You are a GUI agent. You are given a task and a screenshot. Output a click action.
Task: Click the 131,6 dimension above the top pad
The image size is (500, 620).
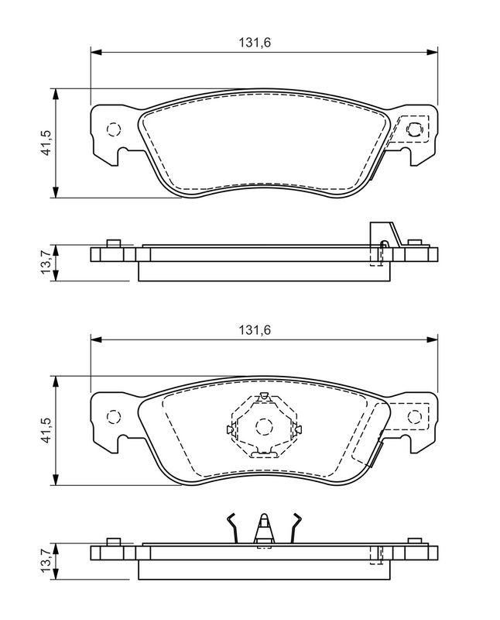[x=255, y=43]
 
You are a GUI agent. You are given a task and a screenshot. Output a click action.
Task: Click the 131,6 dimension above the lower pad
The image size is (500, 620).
[x=255, y=330]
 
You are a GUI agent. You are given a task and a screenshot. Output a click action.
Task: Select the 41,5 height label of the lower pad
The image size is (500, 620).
[x=46, y=429]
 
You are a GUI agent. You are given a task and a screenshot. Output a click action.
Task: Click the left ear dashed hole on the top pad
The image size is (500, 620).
[x=113, y=129]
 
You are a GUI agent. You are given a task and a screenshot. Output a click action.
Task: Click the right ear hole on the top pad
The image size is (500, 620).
[x=414, y=129]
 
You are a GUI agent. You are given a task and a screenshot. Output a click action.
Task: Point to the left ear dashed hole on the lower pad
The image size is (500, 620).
[x=113, y=417]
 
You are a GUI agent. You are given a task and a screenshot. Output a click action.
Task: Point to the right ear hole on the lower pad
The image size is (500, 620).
[x=414, y=417]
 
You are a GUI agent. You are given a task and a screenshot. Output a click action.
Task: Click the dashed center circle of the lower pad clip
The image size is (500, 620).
[x=264, y=426]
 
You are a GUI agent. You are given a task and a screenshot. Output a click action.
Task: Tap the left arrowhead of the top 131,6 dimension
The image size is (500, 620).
[x=96, y=52]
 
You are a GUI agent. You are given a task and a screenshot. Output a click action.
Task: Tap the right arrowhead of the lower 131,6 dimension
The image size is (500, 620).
[x=433, y=339]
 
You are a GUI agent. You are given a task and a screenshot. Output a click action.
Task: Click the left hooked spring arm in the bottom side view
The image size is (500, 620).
[x=233, y=529]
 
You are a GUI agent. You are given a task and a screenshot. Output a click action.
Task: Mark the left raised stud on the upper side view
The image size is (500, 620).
[x=114, y=243]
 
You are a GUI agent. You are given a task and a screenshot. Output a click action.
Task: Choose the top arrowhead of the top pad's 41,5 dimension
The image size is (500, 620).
[x=56, y=94]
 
